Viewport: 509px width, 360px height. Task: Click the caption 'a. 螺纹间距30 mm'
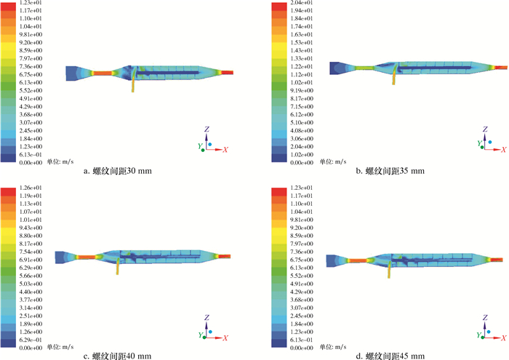pyautogui.click(x=118, y=171)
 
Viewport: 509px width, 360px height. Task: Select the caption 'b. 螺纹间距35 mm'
pyautogui.click(x=390, y=171)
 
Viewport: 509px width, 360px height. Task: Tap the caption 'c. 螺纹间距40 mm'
pyautogui.click(x=118, y=356)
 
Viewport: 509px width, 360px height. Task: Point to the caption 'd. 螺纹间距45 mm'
pyautogui.click(x=390, y=356)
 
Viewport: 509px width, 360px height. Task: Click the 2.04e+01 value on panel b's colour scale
pyautogui.click(x=302, y=3)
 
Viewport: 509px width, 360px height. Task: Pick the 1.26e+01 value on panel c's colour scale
pyautogui.click(x=31, y=188)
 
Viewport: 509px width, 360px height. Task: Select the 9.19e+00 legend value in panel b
pyautogui.click(x=302, y=91)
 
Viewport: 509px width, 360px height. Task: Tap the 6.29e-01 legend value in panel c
pyautogui.click(x=31, y=340)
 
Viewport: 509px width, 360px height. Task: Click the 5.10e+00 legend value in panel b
pyautogui.click(x=302, y=123)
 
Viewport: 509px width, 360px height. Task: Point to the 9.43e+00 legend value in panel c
pyautogui.click(x=31, y=228)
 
